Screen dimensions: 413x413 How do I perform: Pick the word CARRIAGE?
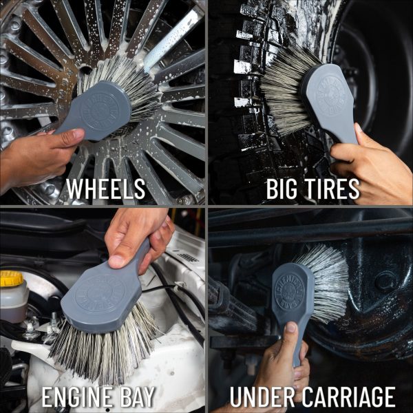pyautogui.click(x=348, y=397)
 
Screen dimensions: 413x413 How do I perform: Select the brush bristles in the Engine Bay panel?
pyautogui.click(x=103, y=344)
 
